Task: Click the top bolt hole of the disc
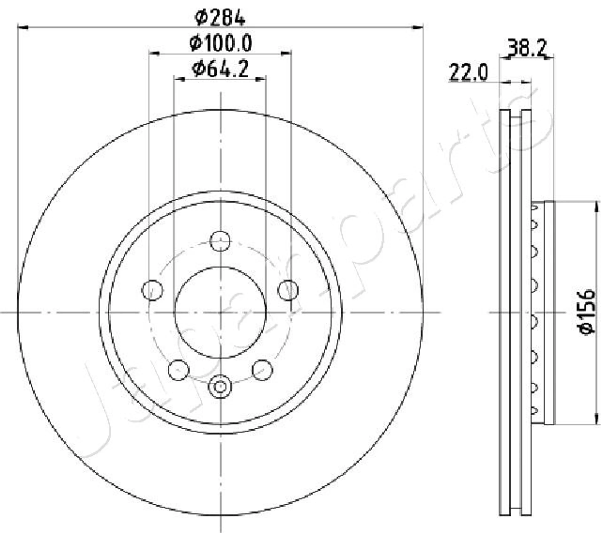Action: (x=220, y=241)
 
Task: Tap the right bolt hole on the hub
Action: (x=288, y=290)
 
